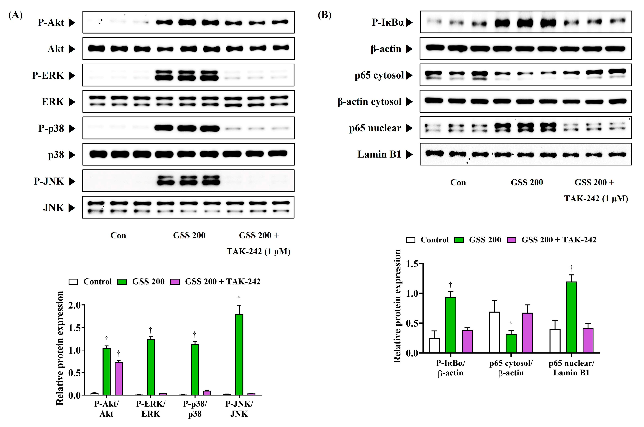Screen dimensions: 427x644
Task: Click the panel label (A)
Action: (x=15, y=15)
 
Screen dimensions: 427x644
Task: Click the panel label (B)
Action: (x=324, y=15)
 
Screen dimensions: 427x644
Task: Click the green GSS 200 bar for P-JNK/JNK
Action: (x=239, y=355)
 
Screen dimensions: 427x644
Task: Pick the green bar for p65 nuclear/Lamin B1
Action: (x=571, y=317)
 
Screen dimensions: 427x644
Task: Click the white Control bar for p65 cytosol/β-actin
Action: (x=495, y=332)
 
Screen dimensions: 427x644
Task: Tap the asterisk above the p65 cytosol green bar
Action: (x=511, y=323)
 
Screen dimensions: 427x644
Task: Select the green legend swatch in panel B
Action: (x=459, y=240)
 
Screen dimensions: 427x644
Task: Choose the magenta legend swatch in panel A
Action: (x=175, y=282)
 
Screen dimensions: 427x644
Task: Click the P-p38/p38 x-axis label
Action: (x=195, y=409)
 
